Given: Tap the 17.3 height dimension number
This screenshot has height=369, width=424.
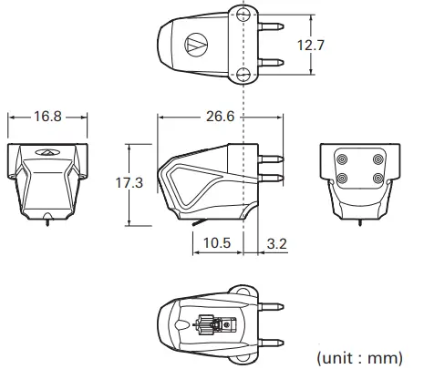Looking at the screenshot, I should pyautogui.click(x=129, y=183).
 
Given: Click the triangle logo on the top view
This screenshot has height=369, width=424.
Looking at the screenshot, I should pyautogui.click(x=193, y=42).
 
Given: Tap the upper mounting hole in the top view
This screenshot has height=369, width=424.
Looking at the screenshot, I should pyautogui.click(x=243, y=15).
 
